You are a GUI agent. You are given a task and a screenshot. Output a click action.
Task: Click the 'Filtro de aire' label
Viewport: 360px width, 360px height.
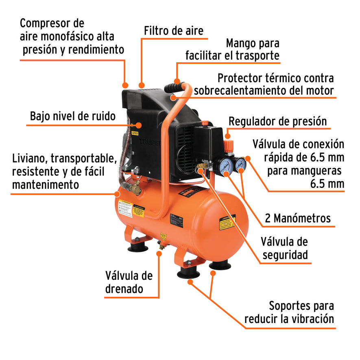coord(174,31)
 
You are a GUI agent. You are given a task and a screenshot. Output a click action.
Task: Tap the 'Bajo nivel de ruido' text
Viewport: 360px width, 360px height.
coord(73,116)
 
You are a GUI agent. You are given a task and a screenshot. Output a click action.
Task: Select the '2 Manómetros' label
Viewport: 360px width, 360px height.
coord(297,218)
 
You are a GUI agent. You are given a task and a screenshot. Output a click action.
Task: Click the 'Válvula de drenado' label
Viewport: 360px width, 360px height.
coord(129,282)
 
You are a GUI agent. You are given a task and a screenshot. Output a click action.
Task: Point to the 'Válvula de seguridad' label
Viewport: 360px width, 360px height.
coord(284,248)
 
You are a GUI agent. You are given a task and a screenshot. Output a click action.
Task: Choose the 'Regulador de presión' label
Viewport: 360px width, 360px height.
coord(278,121)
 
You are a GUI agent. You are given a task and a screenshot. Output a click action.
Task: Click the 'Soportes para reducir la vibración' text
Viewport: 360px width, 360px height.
coord(289,312)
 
